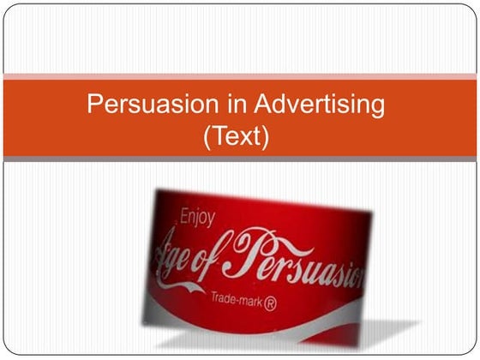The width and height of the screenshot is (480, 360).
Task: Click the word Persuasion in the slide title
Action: [x=141, y=107]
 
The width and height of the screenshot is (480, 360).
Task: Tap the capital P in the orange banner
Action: [x=95, y=107]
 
